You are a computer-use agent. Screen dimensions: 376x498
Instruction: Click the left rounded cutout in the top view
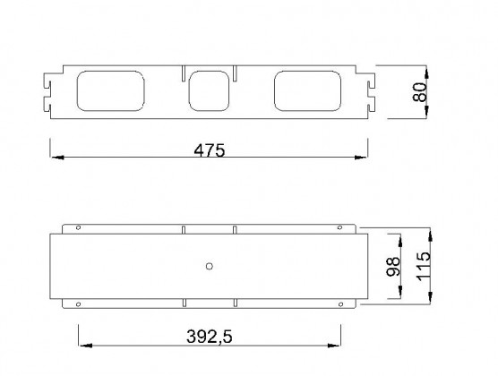[111, 92]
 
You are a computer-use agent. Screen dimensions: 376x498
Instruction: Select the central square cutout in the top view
[209, 92]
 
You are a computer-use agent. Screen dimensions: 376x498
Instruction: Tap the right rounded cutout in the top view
[307, 92]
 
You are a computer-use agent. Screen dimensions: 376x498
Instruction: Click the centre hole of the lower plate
[209, 266]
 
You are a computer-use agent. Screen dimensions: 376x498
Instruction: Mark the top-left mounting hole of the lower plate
[79, 227]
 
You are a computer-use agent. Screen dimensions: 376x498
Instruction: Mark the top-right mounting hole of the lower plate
[341, 227]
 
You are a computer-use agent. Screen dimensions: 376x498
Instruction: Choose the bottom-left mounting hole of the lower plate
[79, 304]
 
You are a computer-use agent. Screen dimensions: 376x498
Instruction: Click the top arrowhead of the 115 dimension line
[433, 232]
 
